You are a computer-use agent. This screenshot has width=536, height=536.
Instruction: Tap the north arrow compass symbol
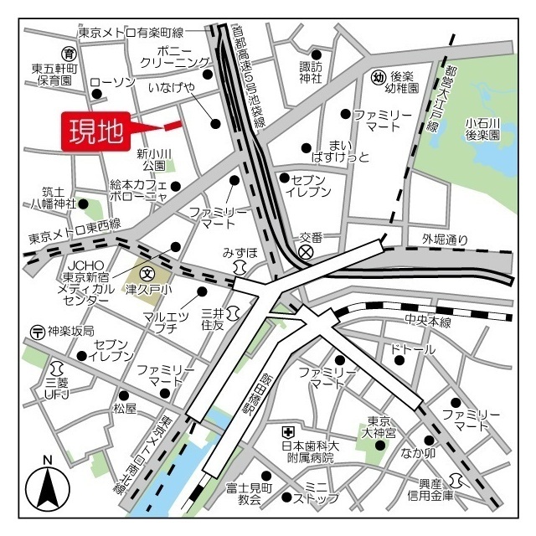[x=48, y=487]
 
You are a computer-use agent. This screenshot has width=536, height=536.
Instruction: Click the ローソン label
[x=112, y=81]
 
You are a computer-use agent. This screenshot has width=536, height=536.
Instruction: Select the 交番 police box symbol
[x=307, y=250]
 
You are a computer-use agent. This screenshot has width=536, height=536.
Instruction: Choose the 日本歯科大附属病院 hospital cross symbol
[x=287, y=431]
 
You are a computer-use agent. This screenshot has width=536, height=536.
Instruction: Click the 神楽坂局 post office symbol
[x=37, y=331]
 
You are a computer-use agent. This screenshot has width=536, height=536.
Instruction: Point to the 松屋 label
[x=124, y=409]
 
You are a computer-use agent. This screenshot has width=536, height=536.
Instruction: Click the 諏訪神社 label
[x=311, y=72]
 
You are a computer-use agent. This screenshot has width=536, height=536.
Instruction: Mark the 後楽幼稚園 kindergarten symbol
[x=378, y=77]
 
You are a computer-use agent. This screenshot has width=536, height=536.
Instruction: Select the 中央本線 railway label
[x=428, y=322]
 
